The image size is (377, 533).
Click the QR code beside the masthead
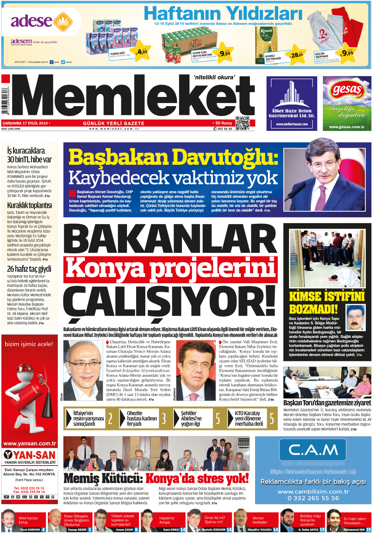[242, 123]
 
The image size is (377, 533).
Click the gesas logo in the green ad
[347, 90]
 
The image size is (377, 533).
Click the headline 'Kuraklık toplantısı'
[29, 205]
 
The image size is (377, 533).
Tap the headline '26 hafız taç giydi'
[29, 269]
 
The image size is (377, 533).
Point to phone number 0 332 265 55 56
[313, 498]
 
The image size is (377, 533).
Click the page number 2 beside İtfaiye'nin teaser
[110, 419]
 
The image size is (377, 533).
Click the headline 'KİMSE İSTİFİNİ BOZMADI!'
[327, 302]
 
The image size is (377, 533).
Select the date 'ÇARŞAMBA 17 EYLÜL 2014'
[25, 123]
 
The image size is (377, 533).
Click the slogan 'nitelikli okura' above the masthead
[214, 77]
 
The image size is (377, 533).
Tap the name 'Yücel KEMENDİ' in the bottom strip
[30, 530]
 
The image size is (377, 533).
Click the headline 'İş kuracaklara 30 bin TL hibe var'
[29, 155]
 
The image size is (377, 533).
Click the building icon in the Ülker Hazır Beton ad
[292, 96]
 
